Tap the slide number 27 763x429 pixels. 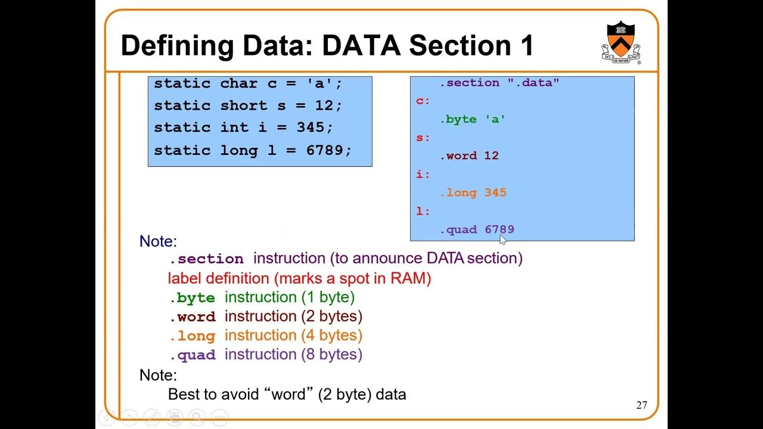(x=641, y=405)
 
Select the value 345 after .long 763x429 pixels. (x=495, y=192)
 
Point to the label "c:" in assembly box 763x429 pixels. (x=423, y=101)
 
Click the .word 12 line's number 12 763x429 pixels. (x=491, y=156)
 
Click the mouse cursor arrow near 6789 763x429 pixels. (x=503, y=240)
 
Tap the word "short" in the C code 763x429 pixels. (x=243, y=105)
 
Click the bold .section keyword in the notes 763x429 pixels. (x=207, y=259)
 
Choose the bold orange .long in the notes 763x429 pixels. (x=193, y=336)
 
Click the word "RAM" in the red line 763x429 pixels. (x=408, y=278)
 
